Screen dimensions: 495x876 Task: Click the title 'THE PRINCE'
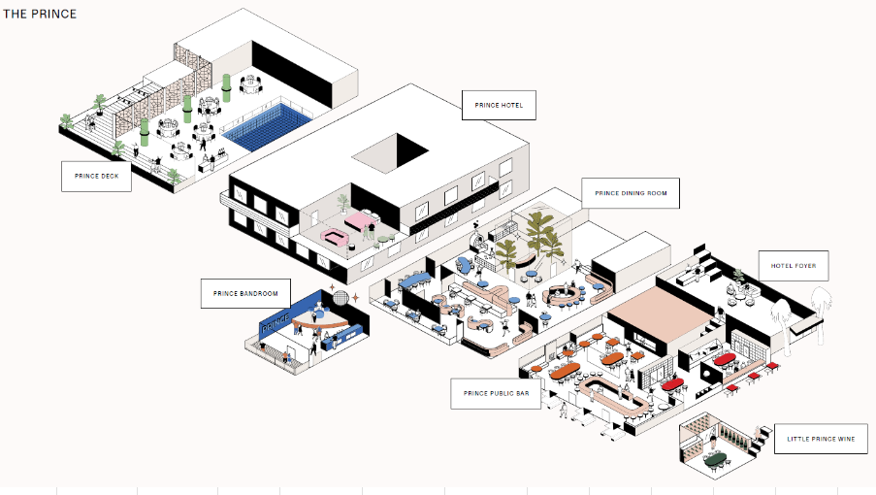pyautogui.click(x=40, y=15)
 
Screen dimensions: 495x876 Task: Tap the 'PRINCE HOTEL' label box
pyautogui.click(x=499, y=105)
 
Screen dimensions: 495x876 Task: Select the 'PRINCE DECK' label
pyautogui.click(x=96, y=176)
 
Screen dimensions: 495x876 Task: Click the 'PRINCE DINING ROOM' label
pyautogui.click(x=631, y=193)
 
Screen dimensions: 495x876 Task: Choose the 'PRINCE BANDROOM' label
pyautogui.click(x=239, y=293)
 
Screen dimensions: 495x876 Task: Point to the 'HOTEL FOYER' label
pyautogui.click(x=794, y=266)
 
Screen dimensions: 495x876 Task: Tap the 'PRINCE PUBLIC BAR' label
pyautogui.click(x=496, y=393)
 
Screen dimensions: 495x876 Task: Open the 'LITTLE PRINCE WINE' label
pyautogui.click(x=821, y=439)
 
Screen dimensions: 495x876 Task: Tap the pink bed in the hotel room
pyautogui.click(x=360, y=222)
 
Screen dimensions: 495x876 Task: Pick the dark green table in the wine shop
pyautogui.click(x=716, y=458)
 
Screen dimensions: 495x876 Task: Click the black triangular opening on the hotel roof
pyautogui.click(x=408, y=149)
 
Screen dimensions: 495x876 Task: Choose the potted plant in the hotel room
pyautogui.click(x=341, y=203)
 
